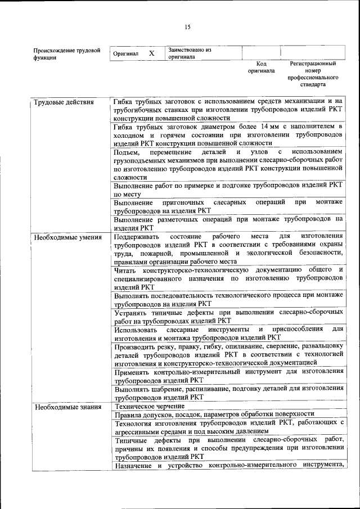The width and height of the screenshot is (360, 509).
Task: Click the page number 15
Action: [188, 27]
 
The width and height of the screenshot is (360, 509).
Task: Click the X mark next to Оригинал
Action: [151, 53]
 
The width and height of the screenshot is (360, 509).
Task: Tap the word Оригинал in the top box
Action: [125, 53]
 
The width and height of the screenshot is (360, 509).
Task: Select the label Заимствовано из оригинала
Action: [189, 53]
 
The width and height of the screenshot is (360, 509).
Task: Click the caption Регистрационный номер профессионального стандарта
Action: [313, 74]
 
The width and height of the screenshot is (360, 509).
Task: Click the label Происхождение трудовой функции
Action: [66, 53]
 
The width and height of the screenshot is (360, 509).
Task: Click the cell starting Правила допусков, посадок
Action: [214, 415]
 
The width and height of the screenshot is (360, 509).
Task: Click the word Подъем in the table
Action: [124, 152]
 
